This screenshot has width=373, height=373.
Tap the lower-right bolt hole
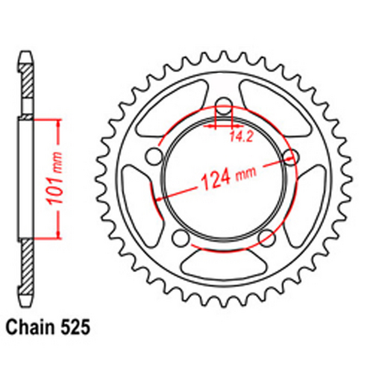(266, 237)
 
